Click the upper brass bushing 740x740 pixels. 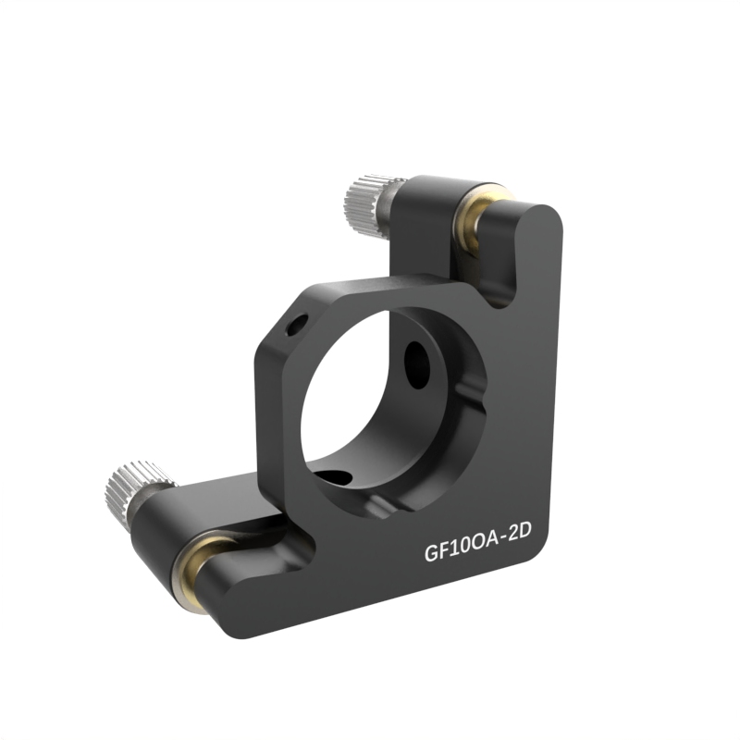coord(476,218)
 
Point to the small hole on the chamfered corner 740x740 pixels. coord(297,325)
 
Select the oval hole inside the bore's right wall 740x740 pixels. coord(417,364)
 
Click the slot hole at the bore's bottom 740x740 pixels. coord(334,477)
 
